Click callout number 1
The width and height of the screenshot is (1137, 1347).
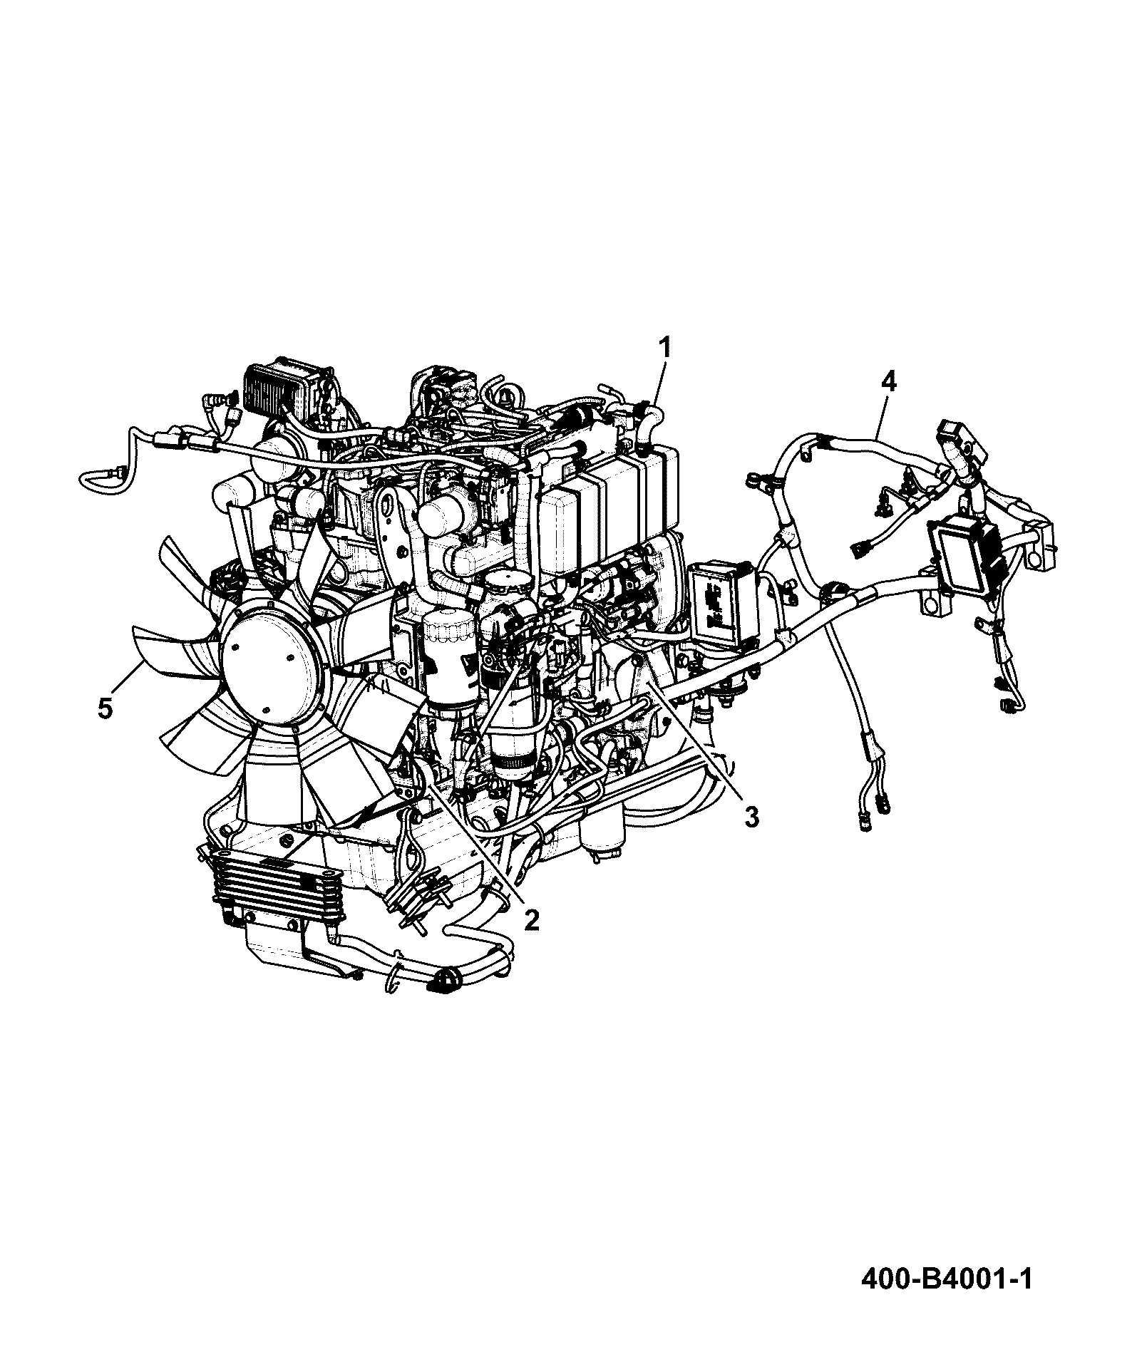click(x=664, y=349)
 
